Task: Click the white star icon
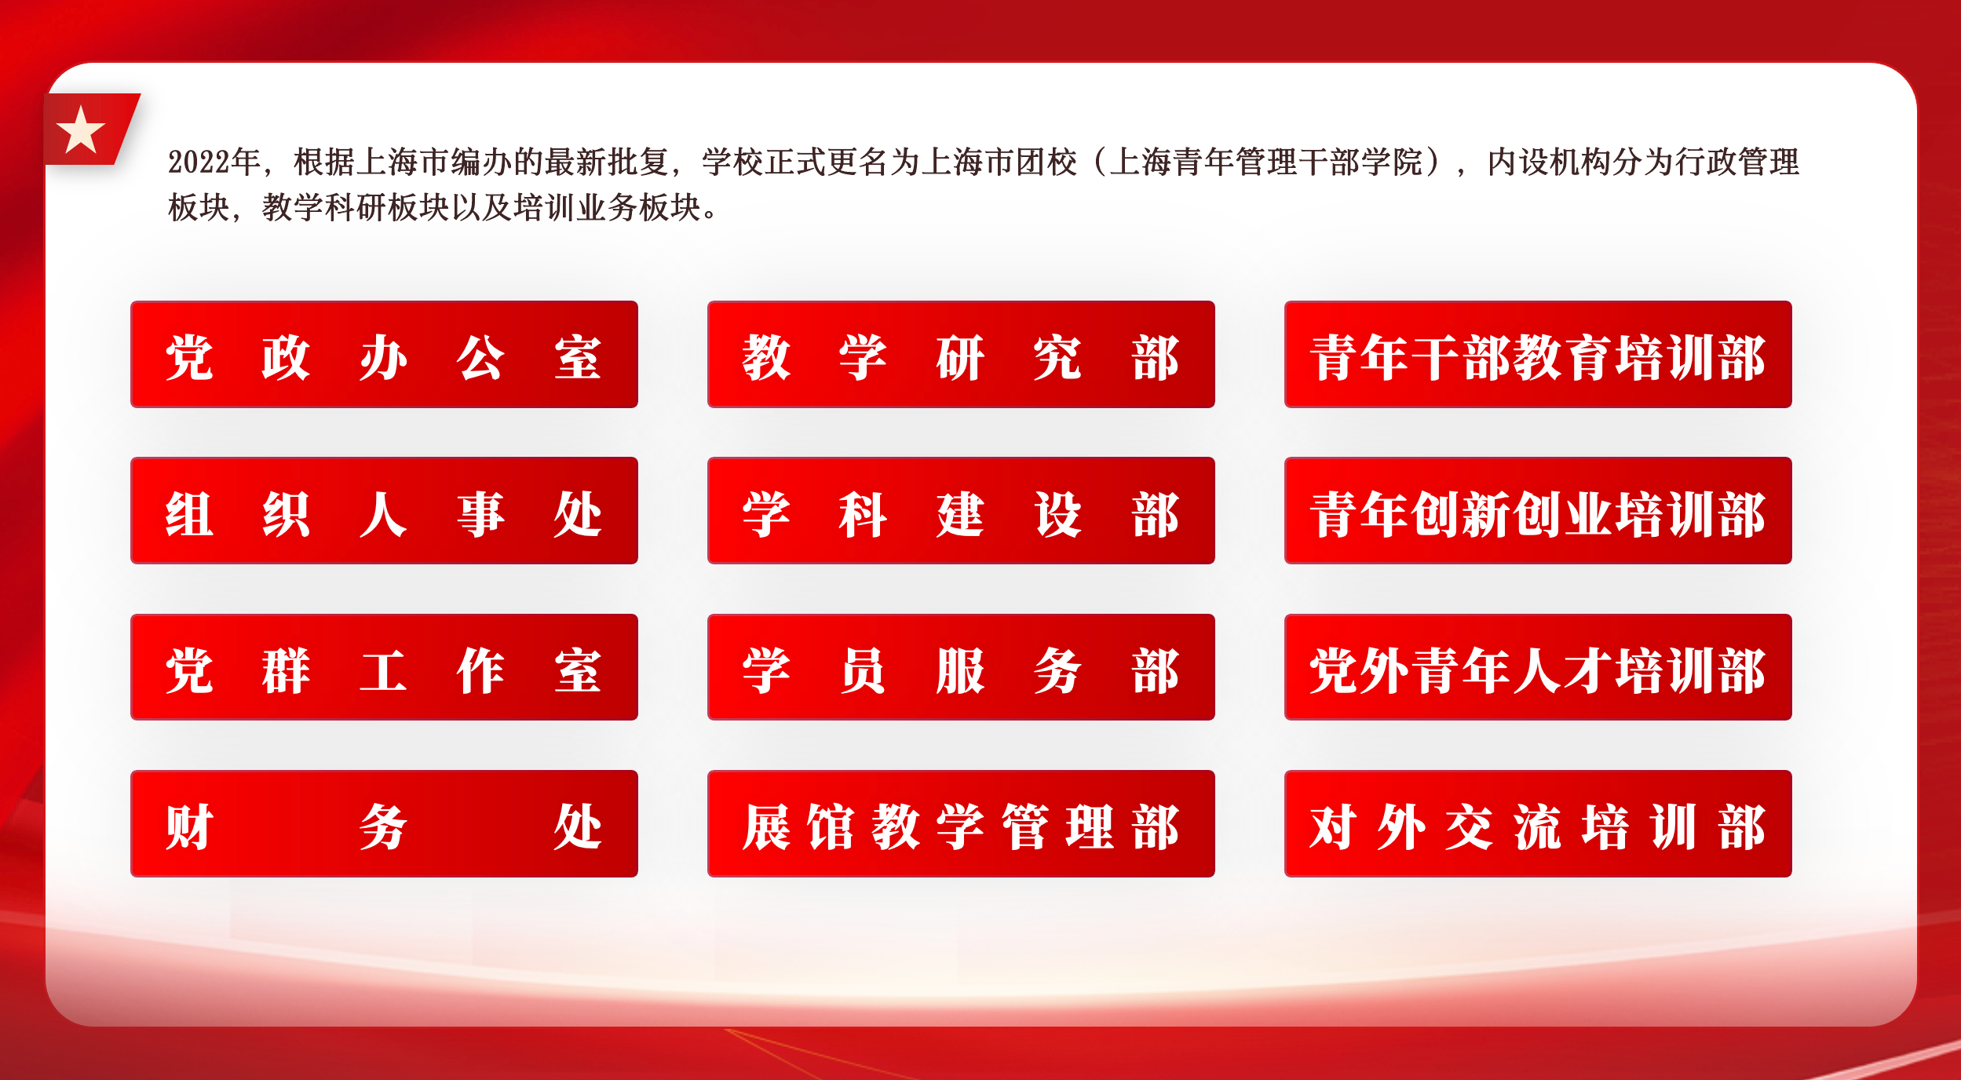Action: [81, 130]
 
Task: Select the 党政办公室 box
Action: [384, 354]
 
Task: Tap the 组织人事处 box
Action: [384, 510]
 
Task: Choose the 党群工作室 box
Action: [384, 667]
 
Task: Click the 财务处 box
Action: [384, 823]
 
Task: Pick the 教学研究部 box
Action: [961, 354]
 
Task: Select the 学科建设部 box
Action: [961, 510]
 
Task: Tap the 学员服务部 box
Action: [961, 667]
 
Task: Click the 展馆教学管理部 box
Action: [961, 823]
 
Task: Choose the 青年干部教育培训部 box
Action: [1538, 354]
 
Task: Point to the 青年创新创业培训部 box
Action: [1538, 510]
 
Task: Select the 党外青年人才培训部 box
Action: [1538, 667]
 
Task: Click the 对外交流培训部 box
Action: [1538, 823]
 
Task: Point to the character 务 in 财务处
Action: [383, 827]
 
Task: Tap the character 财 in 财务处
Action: [189, 827]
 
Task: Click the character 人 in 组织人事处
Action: [383, 515]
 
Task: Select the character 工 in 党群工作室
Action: [383, 671]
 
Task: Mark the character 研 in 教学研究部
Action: [960, 358]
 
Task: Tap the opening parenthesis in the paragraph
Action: [1098, 162]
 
